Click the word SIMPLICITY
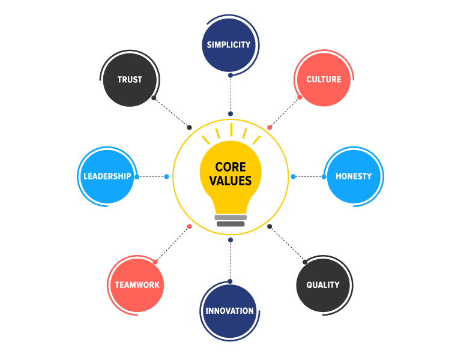pyautogui.click(x=229, y=45)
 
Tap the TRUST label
pyautogui.click(x=130, y=79)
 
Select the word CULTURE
pyautogui.click(x=324, y=79)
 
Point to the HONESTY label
pyautogui.click(x=354, y=176)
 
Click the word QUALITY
pyautogui.click(x=323, y=285)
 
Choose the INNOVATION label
pyautogui.click(x=230, y=311)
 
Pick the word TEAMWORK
pyautogui.click(x=136, y=285)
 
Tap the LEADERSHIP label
pyautogui.click(x=107, y=176)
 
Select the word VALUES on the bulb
pyautogui.click(x=231, y=181)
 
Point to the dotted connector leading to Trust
pyautogui.click(x=172, y=112)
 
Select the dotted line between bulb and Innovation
pyautogui.click(x=230, y=260)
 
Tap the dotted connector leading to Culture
pyautogui.click(x=285, y=112)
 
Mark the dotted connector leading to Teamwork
pyautogui.click(x=172, y=244)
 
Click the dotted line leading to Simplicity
pyautogui.click(x=230, y=94)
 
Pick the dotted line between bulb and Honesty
pyautogui.click(x=308, y=176)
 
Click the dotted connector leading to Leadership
pyautogui.click(x=151, y=176)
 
